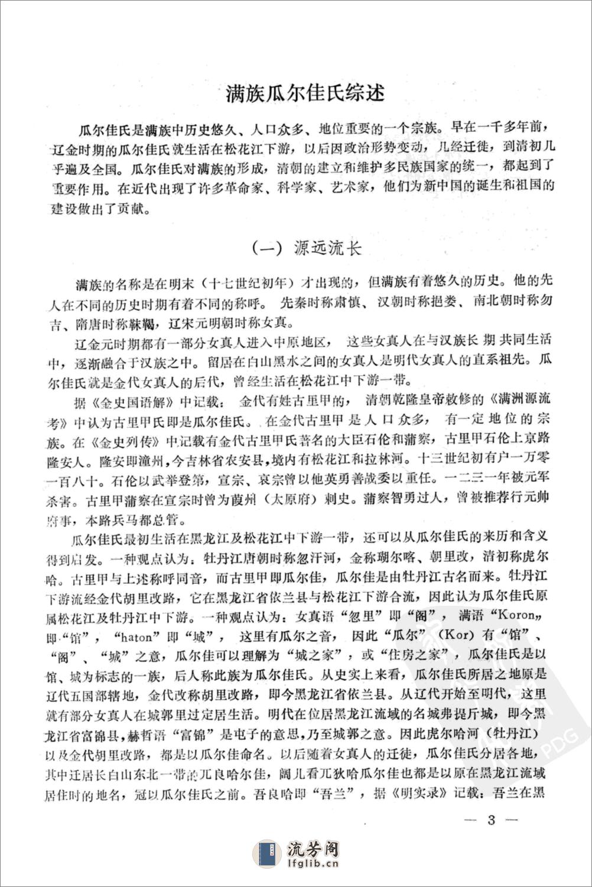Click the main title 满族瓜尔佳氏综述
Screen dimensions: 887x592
pyautogui.click(x=305, y=93)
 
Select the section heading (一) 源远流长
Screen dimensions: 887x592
pyautogui.click(x=307, y=248)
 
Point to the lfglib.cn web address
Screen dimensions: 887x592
pyautogui.click(x=311, y=867)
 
